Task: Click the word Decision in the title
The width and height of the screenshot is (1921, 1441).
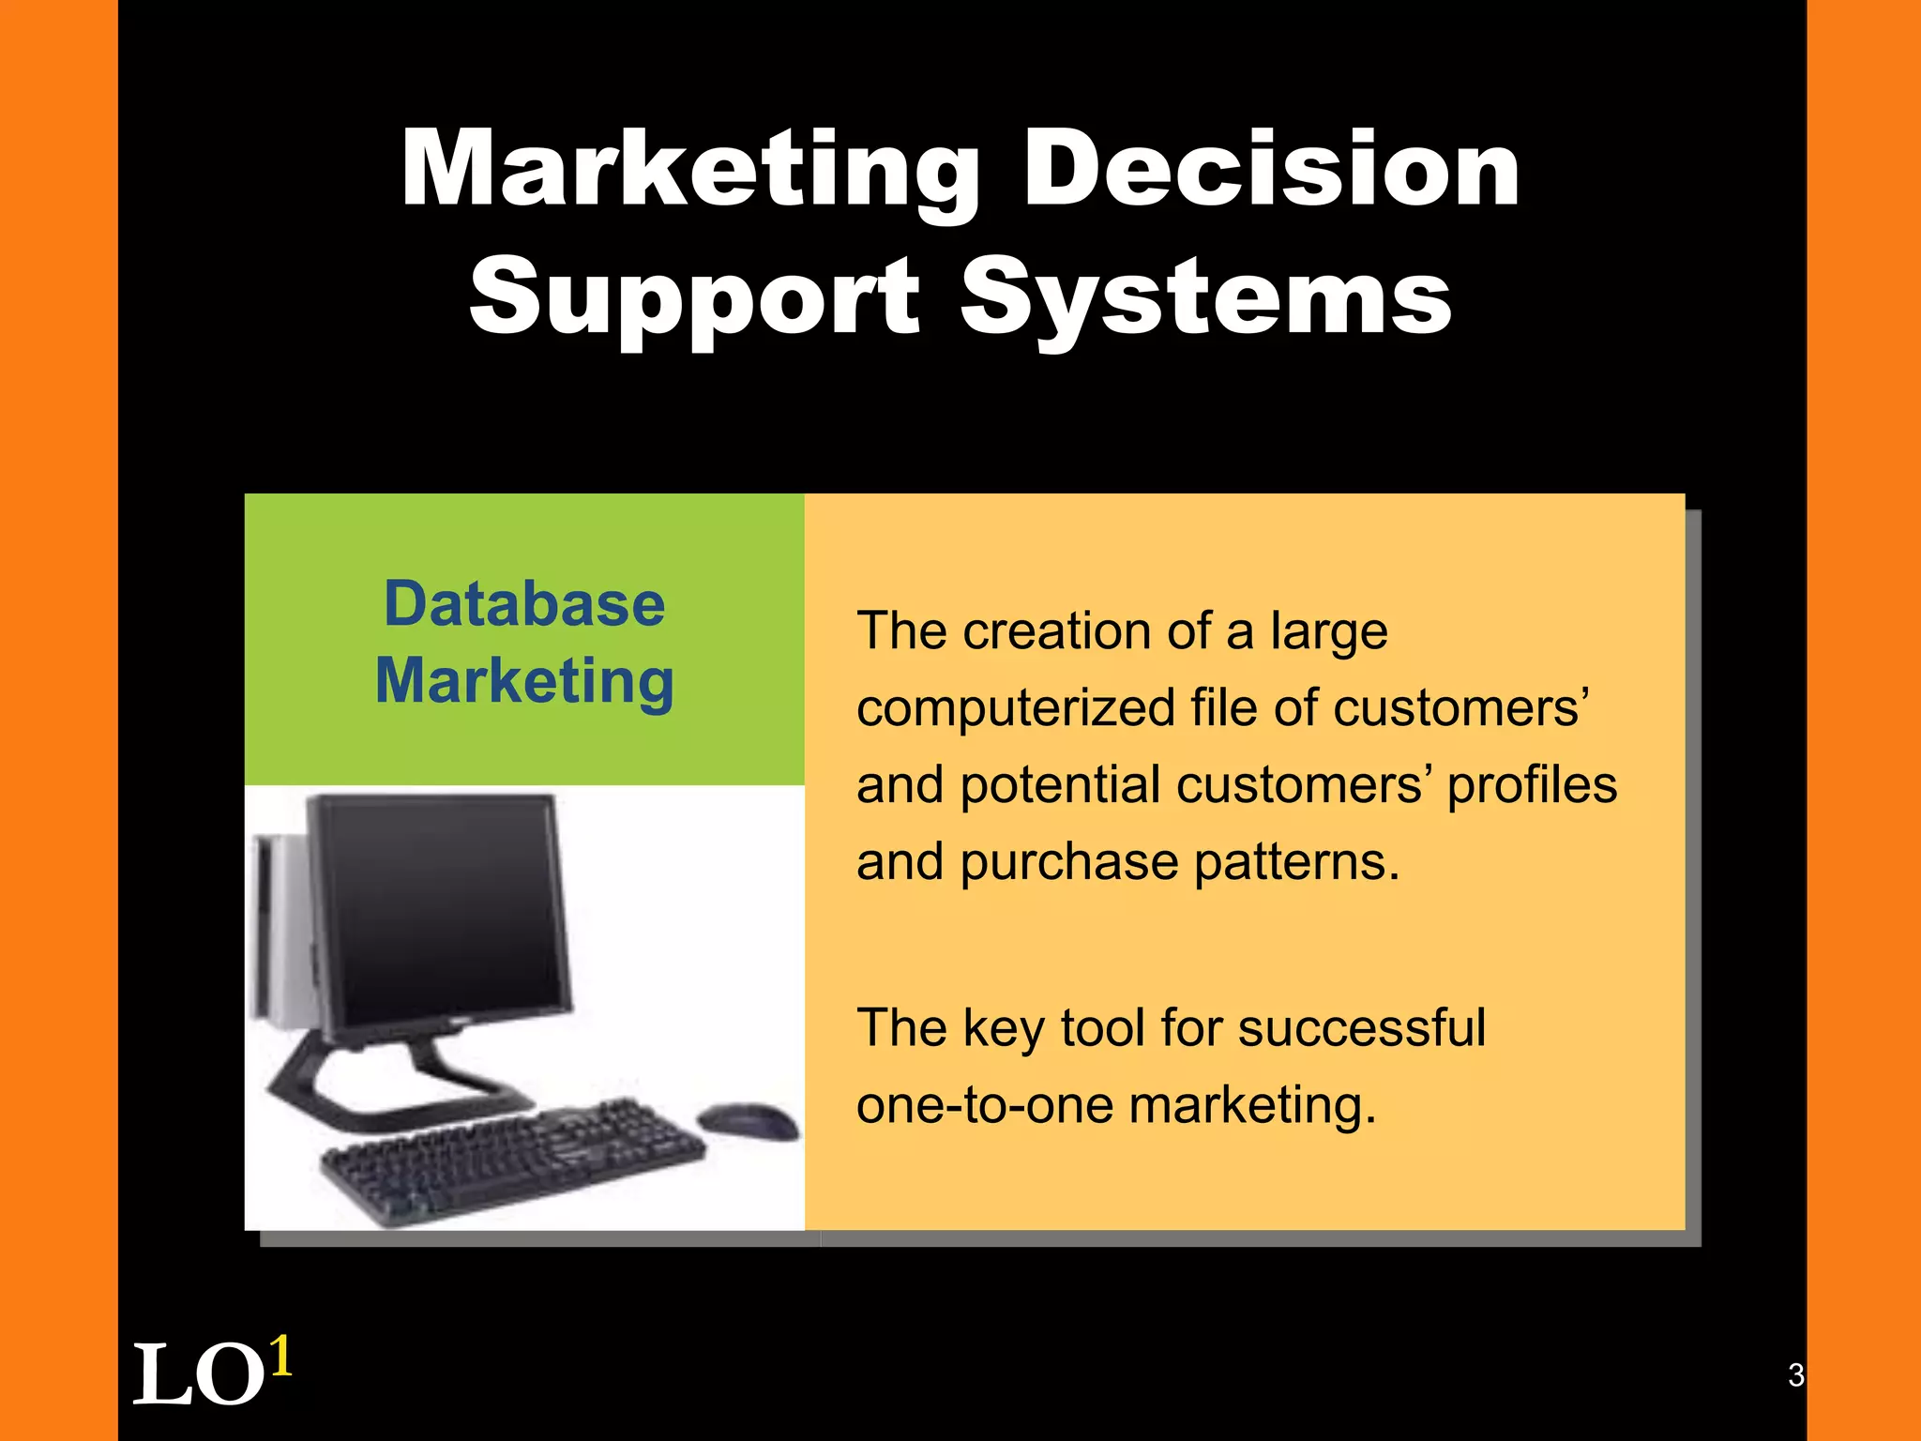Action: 1272,170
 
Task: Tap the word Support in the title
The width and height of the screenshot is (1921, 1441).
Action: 694,298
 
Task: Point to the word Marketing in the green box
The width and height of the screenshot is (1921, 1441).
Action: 524,682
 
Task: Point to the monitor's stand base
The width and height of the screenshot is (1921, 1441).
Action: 394,1093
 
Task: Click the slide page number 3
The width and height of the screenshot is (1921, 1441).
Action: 1795,1374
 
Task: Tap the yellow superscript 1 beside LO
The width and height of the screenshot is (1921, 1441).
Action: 280,1357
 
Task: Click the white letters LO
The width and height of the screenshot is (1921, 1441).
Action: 199,1375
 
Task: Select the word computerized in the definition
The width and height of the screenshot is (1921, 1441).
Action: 1015,709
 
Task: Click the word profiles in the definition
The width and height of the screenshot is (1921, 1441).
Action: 1532,785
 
